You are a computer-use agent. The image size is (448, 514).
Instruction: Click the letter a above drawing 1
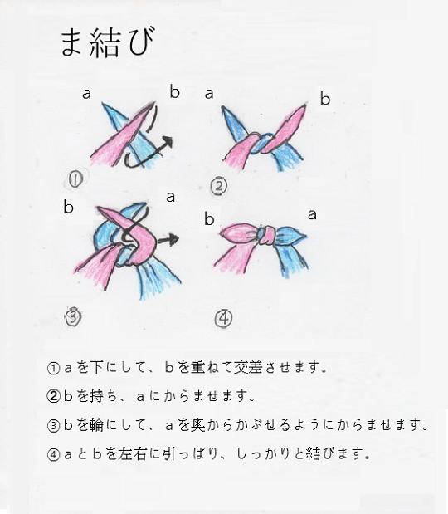86,93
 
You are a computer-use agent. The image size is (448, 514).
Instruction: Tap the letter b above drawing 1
174,91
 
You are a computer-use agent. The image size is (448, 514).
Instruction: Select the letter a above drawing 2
209,93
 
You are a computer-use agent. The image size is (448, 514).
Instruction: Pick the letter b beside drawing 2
324,100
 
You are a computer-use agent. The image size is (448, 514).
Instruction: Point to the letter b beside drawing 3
68,207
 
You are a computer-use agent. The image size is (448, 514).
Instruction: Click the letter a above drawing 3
169,197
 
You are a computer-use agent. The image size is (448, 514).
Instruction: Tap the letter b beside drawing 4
209,219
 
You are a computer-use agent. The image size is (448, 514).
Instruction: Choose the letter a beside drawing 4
312,214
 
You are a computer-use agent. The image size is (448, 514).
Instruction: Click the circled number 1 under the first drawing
77,177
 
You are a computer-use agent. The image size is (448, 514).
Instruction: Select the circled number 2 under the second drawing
218,185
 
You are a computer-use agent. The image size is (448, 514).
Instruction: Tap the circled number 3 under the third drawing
74,315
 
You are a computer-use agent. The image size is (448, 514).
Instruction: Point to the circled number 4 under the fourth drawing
224,316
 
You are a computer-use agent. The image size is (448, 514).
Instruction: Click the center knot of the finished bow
265,235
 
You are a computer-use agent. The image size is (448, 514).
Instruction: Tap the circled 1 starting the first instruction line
54,366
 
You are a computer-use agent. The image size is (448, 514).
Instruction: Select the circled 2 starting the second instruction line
54,395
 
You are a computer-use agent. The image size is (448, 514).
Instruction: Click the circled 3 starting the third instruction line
54,424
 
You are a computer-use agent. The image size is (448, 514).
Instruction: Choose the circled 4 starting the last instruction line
54,454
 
